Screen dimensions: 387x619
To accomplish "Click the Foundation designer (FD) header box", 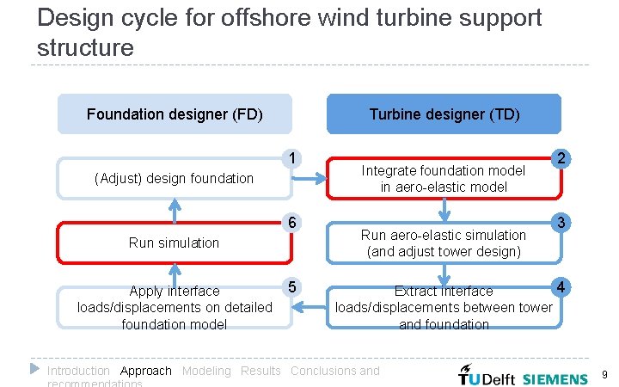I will [175, 114].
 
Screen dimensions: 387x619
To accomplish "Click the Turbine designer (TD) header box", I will [444, 114].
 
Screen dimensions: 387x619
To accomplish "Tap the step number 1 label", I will [293, 158].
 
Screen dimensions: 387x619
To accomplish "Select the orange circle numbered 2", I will [561, 158].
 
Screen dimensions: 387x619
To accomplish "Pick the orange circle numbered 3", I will [561, 223].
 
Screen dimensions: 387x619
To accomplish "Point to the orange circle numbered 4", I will [561, 286].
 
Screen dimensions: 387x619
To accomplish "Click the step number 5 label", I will [293, 286].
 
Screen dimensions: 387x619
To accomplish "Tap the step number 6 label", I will [293, 223].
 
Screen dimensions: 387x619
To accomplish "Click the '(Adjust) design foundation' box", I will [175, 179].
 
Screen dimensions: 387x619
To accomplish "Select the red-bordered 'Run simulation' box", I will [175, 243].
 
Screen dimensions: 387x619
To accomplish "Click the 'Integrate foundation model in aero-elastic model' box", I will [444, 179].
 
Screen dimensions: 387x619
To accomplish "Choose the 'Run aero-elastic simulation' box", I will [444, 243].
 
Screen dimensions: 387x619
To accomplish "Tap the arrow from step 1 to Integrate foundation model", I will [309, 179].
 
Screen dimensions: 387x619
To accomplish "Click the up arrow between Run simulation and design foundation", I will [175, 210].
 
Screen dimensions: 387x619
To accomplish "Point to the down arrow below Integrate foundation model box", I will [444, 210].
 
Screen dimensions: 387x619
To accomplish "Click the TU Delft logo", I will [487, 377].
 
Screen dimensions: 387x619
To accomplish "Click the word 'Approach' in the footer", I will [146, 371].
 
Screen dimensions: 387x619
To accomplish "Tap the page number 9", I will [605, 375].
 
